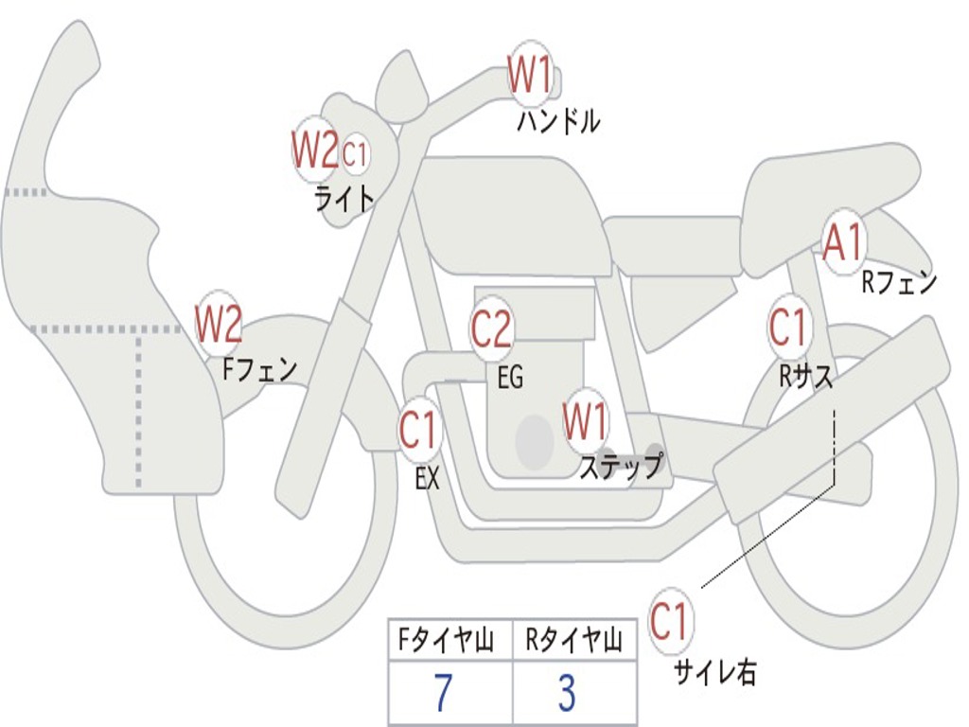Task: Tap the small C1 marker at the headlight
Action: pos(354,153)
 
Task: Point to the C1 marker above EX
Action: pos(419,432)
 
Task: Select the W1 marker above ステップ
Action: pos(586,422)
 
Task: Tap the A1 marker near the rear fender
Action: pos(842,244)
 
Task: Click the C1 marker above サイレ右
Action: pos(671,622)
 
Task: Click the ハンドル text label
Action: pos(558,122)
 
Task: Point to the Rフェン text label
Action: pos(898,282)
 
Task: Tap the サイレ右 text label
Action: pos(714,672)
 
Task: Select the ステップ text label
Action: pos(621,467)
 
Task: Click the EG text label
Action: pos(510,378)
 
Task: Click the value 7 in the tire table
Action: pos(442,693)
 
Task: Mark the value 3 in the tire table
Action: pos(567,693)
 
